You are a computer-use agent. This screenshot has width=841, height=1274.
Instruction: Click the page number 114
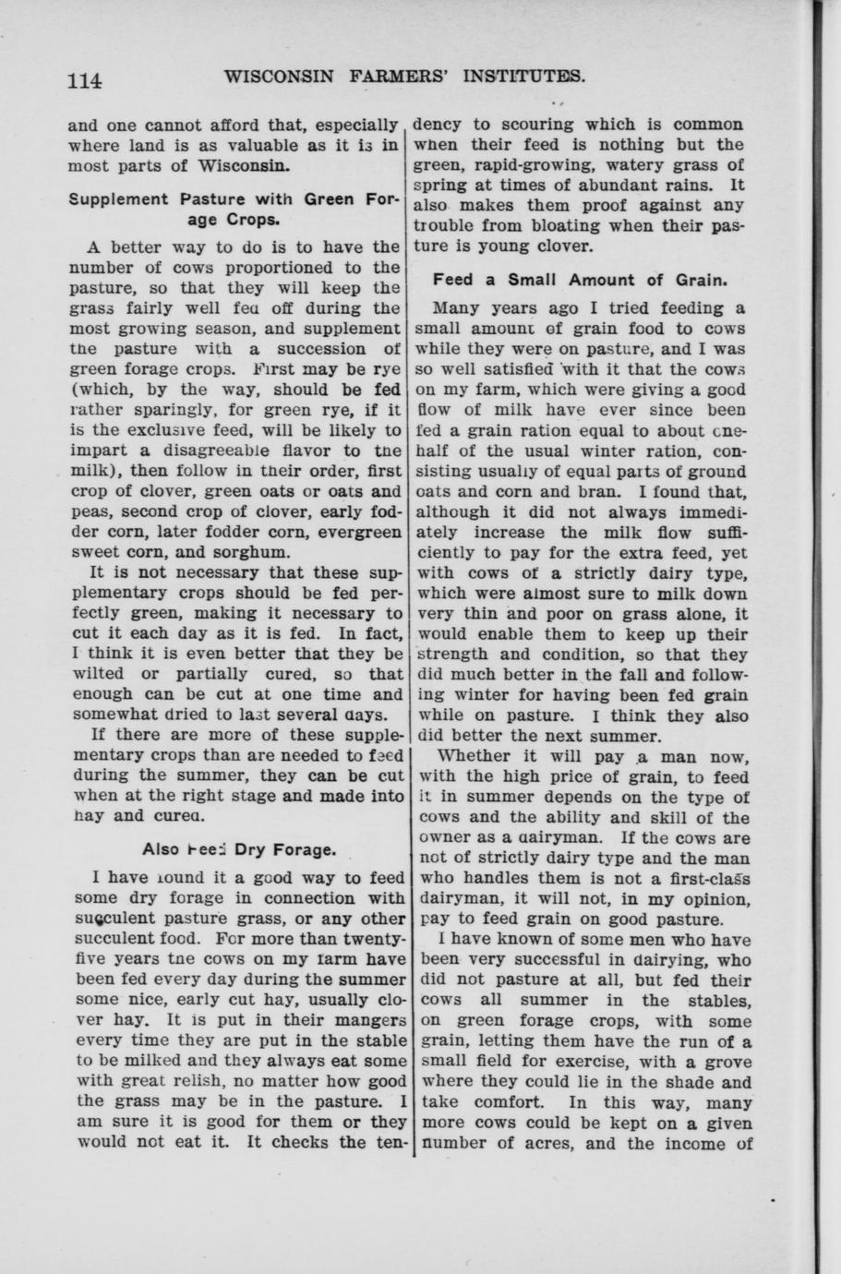(x=84, y=81)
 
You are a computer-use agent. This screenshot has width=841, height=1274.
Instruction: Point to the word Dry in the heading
(x=251, y=849)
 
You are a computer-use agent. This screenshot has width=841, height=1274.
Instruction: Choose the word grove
(x=726, y=1063)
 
